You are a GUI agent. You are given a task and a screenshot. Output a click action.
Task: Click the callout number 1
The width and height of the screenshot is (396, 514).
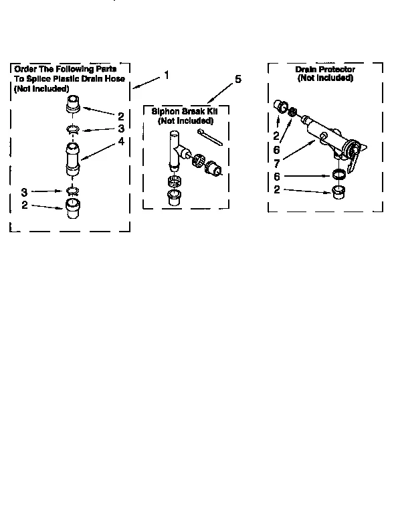(167, 75)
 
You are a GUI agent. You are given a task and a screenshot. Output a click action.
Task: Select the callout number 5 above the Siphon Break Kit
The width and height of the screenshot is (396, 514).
(238, 79)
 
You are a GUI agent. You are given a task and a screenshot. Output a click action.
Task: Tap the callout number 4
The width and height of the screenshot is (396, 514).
(120, 141)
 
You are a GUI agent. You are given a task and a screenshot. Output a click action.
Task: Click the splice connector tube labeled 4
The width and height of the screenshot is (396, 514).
(72, 159)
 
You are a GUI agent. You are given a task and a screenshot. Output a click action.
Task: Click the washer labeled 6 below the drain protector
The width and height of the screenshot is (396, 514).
(340, 176)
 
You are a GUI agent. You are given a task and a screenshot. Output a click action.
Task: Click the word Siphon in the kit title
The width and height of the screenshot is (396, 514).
(165, 112)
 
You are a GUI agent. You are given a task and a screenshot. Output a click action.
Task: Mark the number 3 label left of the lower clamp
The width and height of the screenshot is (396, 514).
(23, 191)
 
